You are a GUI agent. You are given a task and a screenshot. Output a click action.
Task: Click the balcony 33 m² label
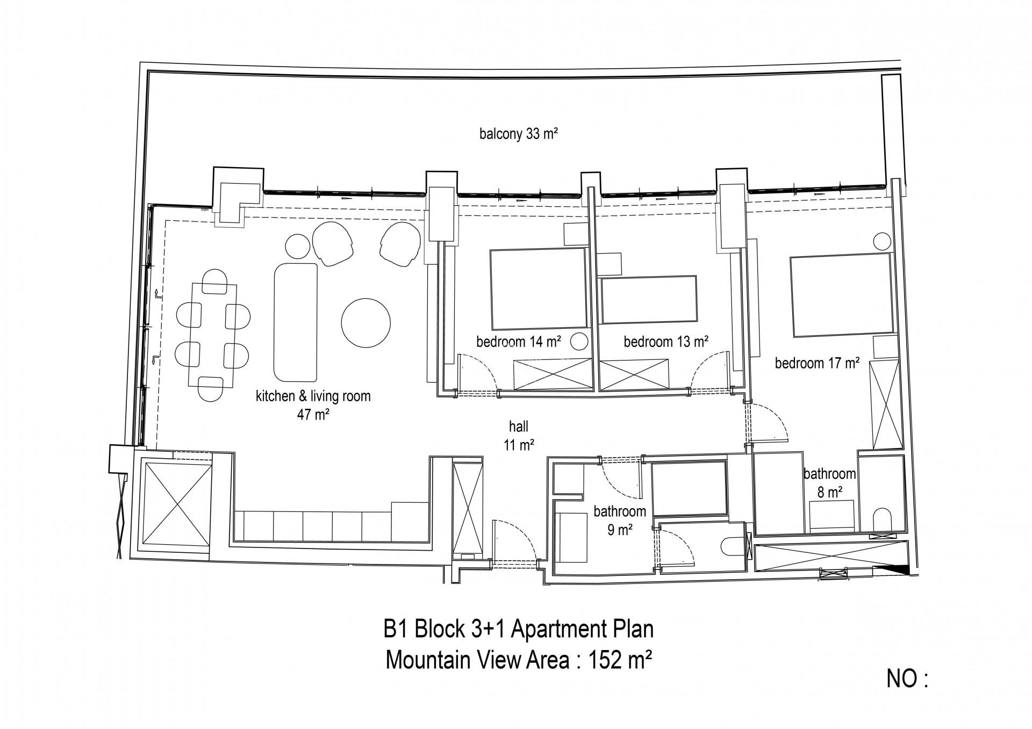pos(518,134)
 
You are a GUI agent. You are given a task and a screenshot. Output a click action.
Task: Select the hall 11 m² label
pos(519,435)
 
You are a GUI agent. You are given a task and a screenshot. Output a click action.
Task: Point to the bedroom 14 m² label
pos(519,342)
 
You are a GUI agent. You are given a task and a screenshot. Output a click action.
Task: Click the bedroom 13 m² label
pos(666,341)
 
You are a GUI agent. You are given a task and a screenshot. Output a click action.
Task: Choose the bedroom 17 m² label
pos(817,363)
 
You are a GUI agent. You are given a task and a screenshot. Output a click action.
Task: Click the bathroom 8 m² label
pos(830,482)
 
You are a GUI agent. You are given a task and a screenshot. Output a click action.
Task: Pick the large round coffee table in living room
pos(365,322)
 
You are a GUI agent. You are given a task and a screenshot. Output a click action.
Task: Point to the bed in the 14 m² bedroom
pos(537,288)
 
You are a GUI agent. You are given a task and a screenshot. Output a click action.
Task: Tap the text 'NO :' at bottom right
pos(907,694)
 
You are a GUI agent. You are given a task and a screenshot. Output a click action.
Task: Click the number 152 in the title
pos(605,660)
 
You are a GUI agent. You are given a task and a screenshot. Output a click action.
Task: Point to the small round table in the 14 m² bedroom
pos(578,341)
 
